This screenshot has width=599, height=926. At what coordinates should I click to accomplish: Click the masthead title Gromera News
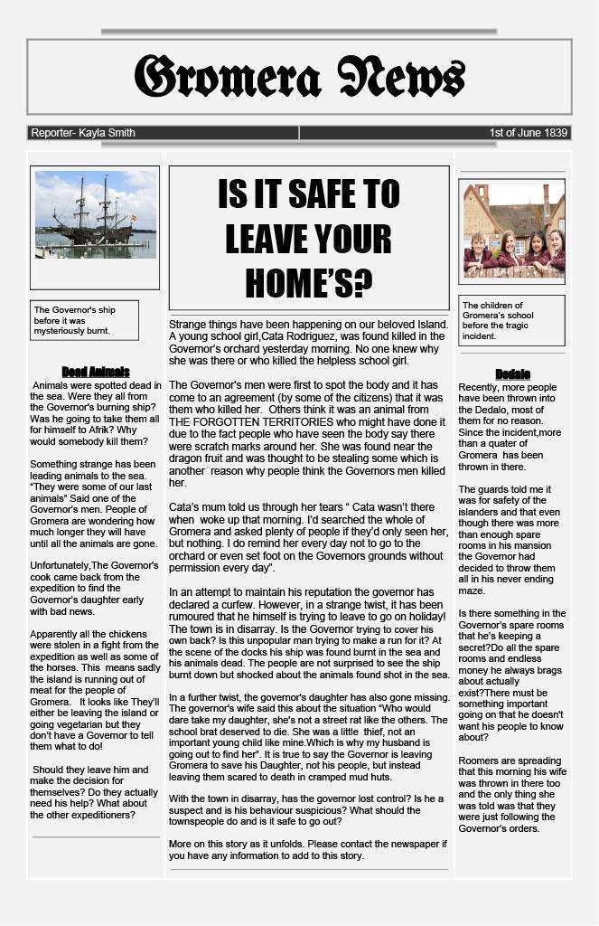[299, 77]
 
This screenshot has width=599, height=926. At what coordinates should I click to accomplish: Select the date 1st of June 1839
[529, 133]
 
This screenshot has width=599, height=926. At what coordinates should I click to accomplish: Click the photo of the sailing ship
[95, 214]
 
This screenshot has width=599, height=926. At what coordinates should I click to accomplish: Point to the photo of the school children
[512, 229]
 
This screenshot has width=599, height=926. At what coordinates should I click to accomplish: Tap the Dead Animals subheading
[96, 372]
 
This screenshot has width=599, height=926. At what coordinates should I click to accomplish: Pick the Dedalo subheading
[512, 374]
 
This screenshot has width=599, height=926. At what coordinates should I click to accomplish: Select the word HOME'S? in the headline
[308, 283]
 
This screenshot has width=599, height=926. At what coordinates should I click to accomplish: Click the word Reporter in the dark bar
[51, 133]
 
